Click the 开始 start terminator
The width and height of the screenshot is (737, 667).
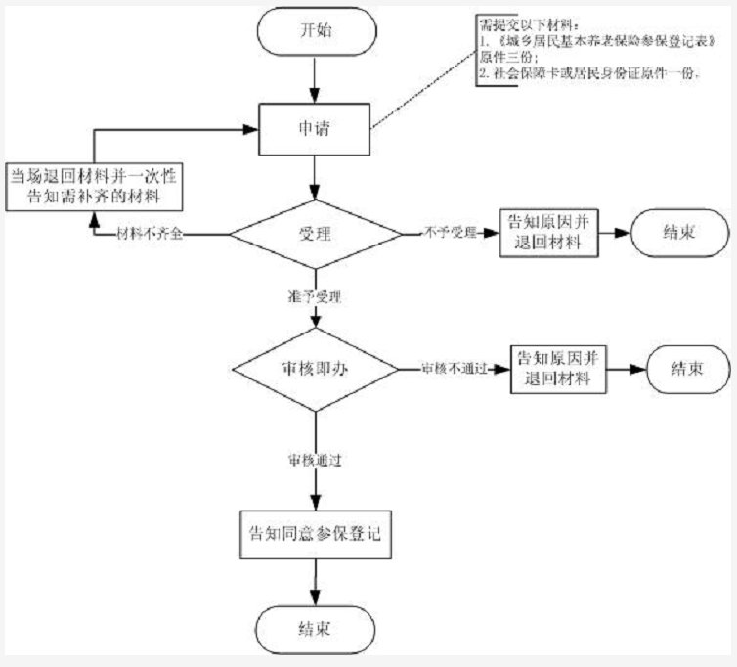pos(315,30)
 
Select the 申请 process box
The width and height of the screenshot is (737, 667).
pos(315,128)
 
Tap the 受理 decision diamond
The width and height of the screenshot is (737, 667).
pos(315,234)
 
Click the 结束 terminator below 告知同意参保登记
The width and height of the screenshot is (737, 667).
pos(315,626)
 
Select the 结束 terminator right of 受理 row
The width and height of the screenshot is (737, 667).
pos(679,234)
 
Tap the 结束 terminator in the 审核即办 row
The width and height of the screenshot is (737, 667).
pos(682,370)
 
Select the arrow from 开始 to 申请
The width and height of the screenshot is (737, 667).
pos(315,75)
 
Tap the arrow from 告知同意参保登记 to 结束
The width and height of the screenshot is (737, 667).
pos(315,581)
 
